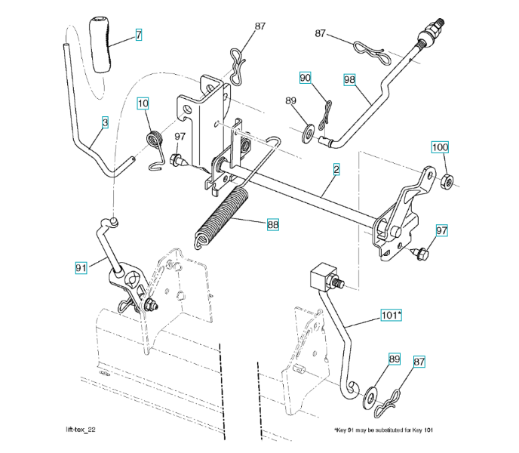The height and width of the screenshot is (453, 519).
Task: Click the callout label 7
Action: (139, 35)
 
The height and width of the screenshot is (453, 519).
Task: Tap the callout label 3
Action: (105, 121)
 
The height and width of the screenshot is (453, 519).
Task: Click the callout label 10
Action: (143, 103)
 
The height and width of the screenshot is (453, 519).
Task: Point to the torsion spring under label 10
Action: (155, 143)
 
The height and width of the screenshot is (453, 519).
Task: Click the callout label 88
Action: (272, 223)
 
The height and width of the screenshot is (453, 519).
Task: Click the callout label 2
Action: (335, 171)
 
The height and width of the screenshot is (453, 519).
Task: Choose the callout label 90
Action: (305, 78)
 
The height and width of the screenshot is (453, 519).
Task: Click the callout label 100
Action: (440, 146)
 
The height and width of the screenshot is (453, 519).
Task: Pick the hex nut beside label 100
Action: (447, 180)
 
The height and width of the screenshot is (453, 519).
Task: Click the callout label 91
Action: (81, 267)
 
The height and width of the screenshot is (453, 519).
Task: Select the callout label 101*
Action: (391, 315)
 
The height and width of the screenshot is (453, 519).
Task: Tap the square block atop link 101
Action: (322, 277)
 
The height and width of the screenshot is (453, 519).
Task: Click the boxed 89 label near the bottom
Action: (393, 359)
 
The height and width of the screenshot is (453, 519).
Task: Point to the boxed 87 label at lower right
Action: (419, 362)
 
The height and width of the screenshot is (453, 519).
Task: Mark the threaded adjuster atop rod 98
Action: (431, 35)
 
